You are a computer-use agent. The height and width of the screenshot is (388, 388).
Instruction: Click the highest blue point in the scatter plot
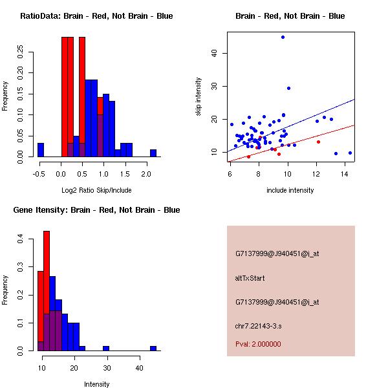click(283, 38)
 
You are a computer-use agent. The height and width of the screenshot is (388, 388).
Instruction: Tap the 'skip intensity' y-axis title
click(199, 97)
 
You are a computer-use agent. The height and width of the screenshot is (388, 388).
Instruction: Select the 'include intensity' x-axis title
click(290, 190)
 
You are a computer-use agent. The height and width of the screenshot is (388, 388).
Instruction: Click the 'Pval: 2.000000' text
click(258, 344)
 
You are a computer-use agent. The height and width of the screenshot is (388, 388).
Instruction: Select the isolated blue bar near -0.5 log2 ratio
click(41, 150)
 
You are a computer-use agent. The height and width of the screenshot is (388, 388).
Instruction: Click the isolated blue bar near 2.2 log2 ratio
click(153, 153)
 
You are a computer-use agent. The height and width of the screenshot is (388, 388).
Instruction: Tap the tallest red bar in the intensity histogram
click(47, 291)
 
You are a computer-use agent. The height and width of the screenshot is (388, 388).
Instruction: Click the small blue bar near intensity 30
click(106, 348)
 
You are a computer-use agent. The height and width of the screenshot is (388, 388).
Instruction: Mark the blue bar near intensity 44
click(153, 348)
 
